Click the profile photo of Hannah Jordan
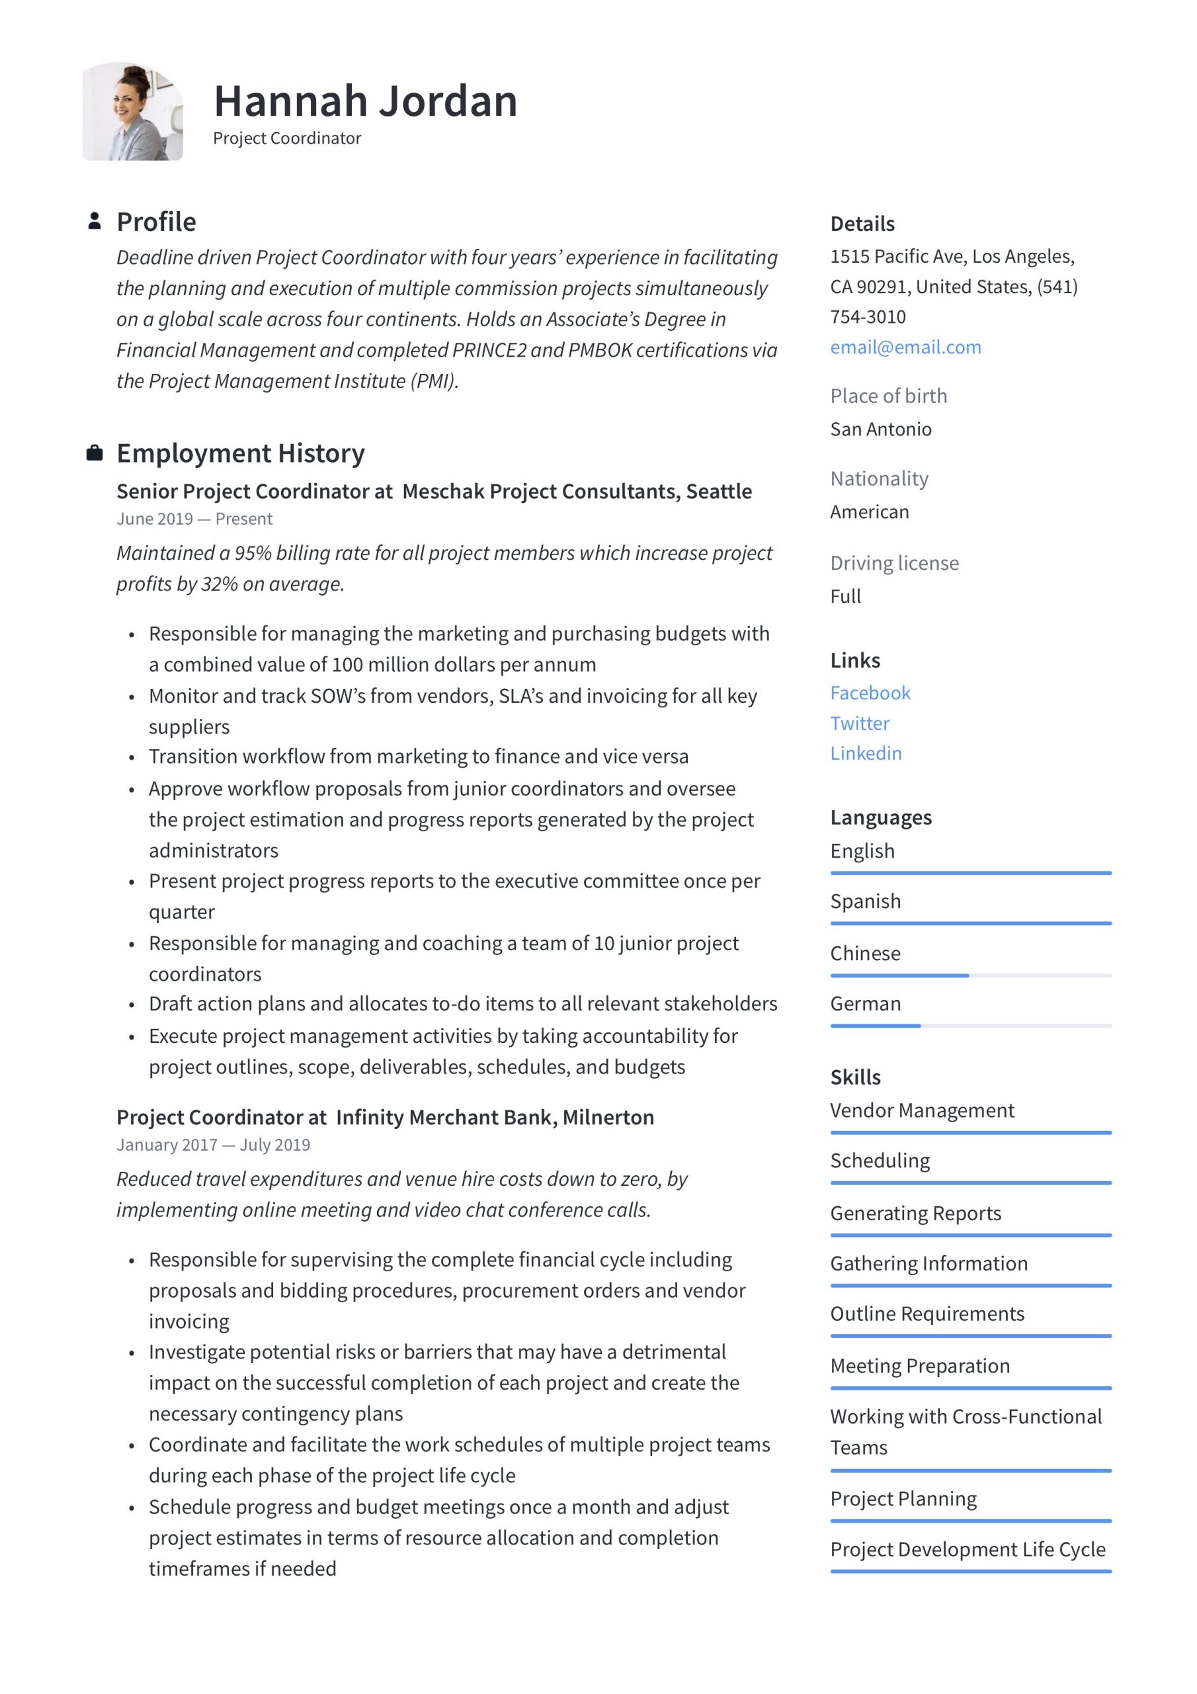(x=133, y=111)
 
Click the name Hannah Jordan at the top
(x=365, y=101)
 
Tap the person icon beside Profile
(x=95, y=221)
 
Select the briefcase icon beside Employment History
(x=95, y=453)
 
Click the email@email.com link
(x=905, y=347)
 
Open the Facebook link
(x=870, y=693)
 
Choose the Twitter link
(x=859, y=723)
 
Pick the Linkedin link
(x=865, y=753)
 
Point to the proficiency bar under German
(x=970, y=1026)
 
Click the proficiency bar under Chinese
(x=970, y=975)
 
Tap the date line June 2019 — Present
(x=194, y=519)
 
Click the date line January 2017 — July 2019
(x=213, y=1144)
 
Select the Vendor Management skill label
(x=921, y=1110)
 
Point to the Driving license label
(x=894, y=563)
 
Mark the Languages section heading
(x=881, y=817)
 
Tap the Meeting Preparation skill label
(x=919, y=1365)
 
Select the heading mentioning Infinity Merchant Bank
(x=385, y=1117)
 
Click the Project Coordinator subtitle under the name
(x=287, y=138)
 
